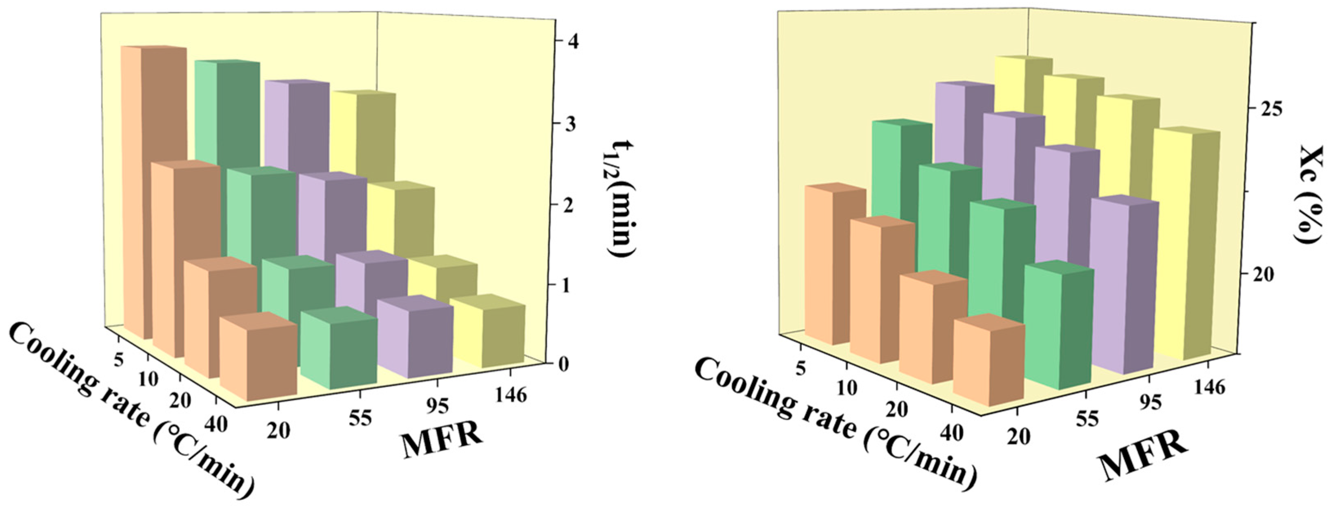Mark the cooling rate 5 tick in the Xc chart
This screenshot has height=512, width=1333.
click(802, 368)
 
